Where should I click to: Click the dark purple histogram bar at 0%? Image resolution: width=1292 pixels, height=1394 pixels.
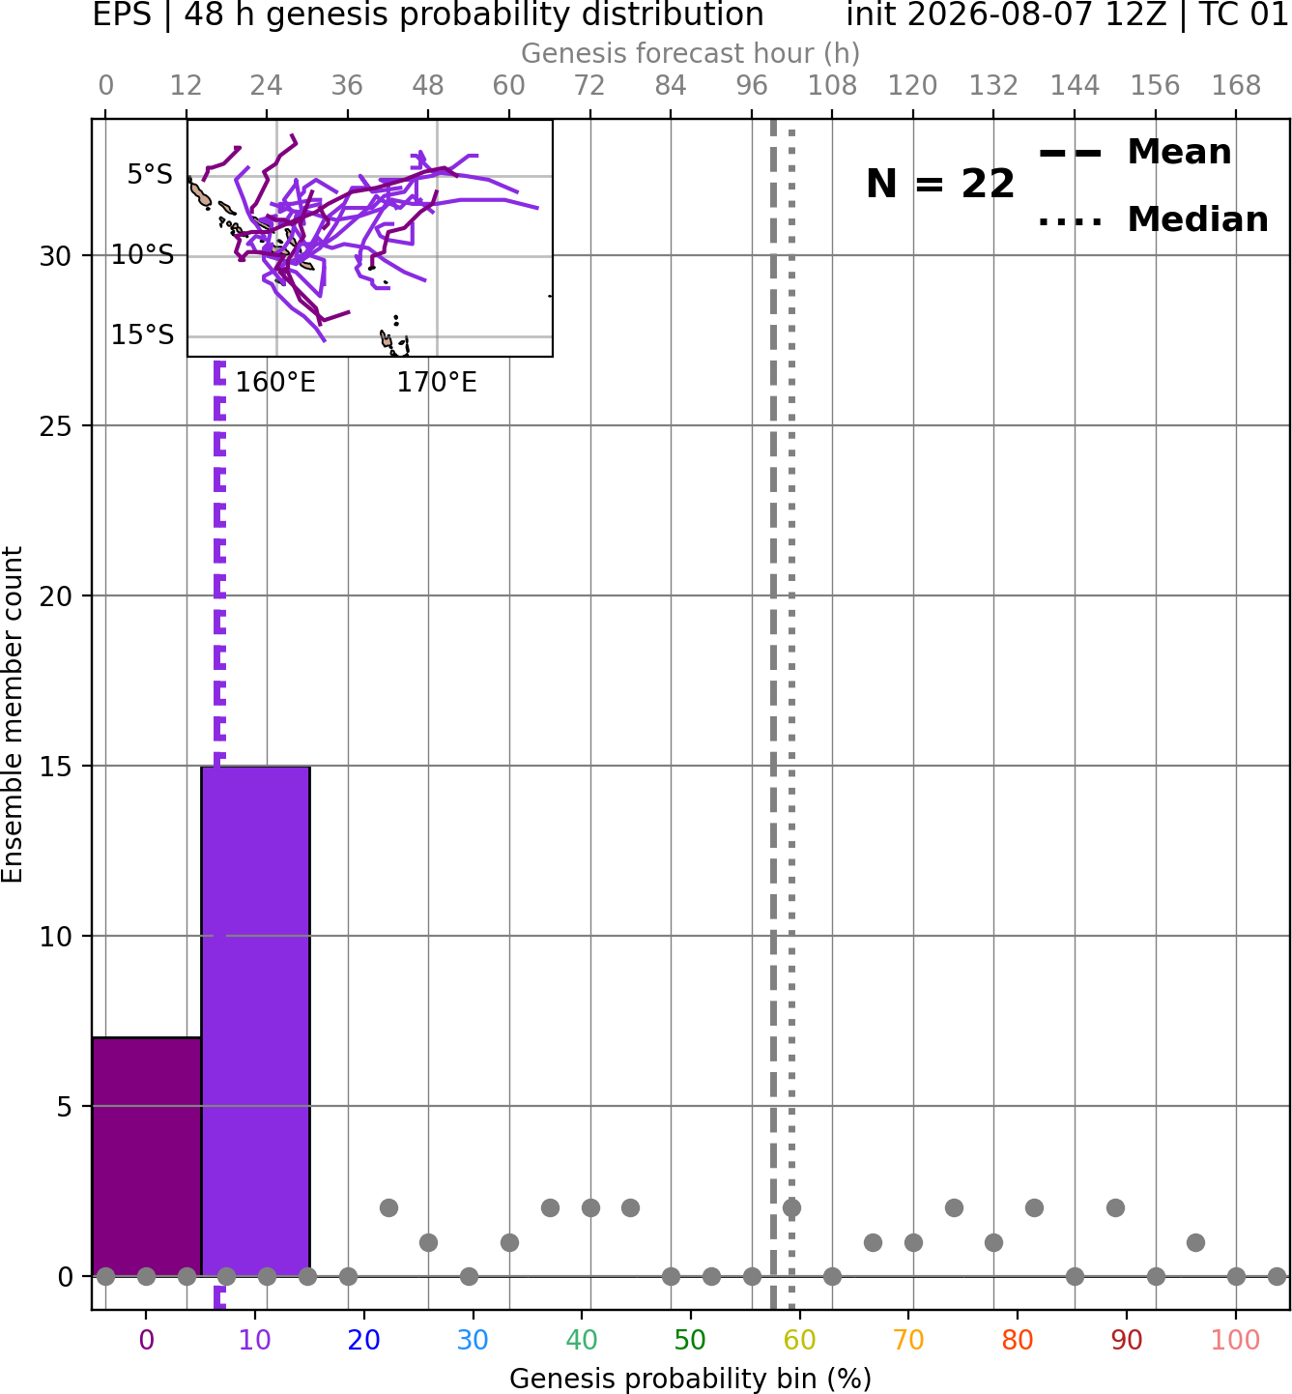point(147,1156)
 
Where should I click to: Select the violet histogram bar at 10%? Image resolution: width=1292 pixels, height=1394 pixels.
point(255,1021)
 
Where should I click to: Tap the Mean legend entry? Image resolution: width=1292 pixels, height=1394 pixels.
point(1134,153)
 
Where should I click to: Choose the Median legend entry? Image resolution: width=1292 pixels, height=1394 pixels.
point(1153,219)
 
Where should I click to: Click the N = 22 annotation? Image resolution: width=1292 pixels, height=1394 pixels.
point(940,184)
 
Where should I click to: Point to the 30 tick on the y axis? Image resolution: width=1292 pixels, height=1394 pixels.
point(56,255)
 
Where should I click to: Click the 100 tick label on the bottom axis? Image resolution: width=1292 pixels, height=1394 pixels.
point(1236,1340)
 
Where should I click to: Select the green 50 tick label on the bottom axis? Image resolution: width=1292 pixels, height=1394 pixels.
point(690,1340)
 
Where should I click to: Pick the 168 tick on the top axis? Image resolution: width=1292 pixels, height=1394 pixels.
point(1237,86)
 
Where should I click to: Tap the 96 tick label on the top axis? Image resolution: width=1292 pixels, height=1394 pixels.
point(752,86)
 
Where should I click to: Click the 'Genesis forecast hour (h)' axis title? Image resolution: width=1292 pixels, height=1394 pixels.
point(691,53)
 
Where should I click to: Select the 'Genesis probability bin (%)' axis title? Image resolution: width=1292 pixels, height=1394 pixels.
point(691,1379)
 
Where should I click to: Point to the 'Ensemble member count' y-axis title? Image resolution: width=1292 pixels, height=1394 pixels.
point(13,714)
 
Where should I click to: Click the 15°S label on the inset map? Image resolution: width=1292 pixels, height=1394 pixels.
point(142,334)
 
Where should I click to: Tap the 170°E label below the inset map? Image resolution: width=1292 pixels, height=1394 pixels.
point(437,383)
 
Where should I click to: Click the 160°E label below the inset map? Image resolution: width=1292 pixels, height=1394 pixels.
point(275,383)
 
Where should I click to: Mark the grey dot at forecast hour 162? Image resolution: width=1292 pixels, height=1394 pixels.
point(1196,1242)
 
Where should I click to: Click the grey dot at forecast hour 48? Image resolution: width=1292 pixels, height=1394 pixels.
point(428,1242)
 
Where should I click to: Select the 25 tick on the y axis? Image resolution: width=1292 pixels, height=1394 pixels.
point(56,426)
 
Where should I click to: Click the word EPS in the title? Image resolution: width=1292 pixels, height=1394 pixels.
point(122,15)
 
